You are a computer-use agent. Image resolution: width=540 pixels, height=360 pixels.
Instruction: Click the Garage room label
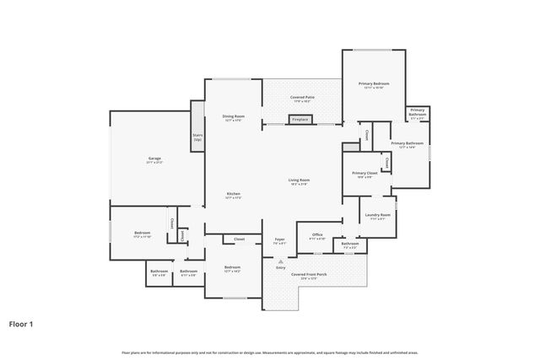click(x=154, y=159)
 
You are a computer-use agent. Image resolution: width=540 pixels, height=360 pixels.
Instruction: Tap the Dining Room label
click(x=233, y=117)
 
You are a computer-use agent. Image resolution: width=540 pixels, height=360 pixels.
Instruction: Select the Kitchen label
click(x=234, y=196)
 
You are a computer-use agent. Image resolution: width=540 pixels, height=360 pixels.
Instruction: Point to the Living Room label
click(x=299, y=180)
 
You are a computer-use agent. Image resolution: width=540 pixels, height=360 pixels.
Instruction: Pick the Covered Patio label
click(x=303, y=98)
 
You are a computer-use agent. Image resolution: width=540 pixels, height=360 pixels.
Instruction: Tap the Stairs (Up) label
click(x=197, y=137)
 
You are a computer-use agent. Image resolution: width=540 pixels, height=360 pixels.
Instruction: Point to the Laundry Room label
click(x=377, y=216)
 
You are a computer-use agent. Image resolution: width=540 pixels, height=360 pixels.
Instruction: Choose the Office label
click(x=317, y=236)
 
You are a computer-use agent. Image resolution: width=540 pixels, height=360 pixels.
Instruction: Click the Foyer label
click(x=279, y=240)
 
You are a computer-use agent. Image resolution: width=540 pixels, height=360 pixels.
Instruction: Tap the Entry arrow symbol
click(x=280, y=261)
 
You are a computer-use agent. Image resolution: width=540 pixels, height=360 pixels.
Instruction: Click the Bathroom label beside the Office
click(x=350, y=244)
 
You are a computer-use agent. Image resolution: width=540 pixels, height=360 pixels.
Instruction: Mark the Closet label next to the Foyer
click(x=239, y=239)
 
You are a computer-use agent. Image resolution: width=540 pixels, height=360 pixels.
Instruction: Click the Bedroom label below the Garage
click(x=143, y=234)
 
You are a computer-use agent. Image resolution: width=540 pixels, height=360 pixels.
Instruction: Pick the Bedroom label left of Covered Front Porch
click(x=232, y=269)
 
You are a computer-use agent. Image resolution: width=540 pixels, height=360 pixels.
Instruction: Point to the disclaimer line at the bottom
click(x=269, y=352)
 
